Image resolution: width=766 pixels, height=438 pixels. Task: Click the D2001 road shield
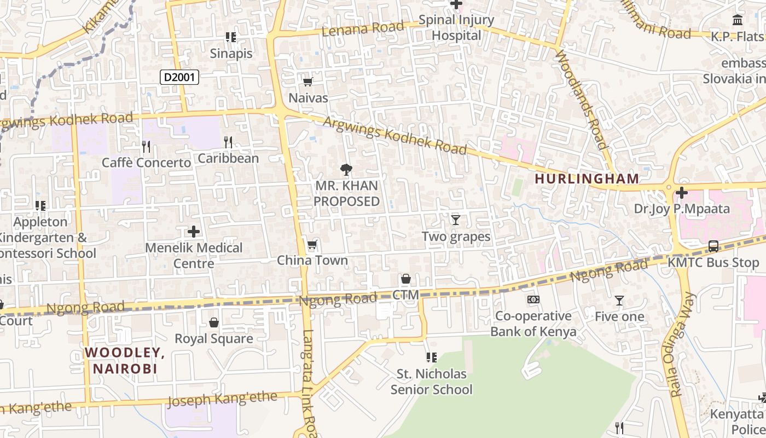(x=179, y=77)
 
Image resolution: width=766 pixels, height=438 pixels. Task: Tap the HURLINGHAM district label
(x=587, y=178)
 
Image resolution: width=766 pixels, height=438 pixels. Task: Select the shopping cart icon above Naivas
(x=307, y=82)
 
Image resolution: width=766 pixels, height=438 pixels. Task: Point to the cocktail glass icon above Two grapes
(x=455, y=220)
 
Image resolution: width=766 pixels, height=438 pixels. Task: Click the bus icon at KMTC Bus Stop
(x=713, y=246)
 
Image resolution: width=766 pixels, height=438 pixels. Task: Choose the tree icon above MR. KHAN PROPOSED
(x=346, y=170)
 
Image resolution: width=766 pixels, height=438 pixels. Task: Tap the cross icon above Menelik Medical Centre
(x=194, y=232)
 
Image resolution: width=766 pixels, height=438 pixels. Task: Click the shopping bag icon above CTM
(x=405, y=279)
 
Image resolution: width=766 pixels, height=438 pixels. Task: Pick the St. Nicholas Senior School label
(x=431, y=382)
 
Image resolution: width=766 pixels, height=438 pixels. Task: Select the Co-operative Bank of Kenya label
(x=533, y=324)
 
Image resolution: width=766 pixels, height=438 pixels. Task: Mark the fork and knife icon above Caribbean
(x=228, y=142)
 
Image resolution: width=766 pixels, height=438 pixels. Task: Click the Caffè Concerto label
(x=147, y=163)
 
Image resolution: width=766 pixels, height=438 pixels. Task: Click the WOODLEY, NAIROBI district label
(x=125, y=360)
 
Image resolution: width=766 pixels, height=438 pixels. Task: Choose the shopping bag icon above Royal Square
(x=214, y=322)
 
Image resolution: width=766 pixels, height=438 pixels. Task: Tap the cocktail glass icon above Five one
(x=619, y=301)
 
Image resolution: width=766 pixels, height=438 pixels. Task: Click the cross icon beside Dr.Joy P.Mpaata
(x=681, y=193)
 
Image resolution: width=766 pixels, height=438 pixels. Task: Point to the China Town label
(x=312, y=260)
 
